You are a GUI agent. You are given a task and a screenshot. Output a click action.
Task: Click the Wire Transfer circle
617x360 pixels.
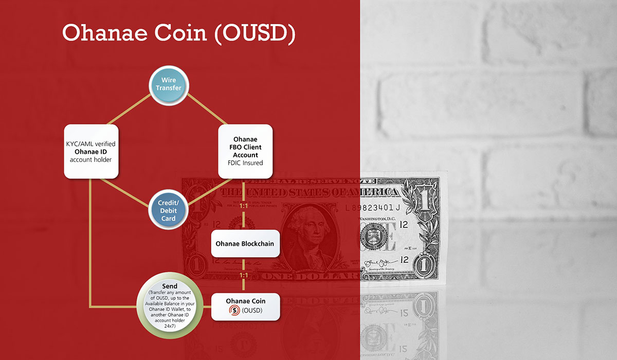169,84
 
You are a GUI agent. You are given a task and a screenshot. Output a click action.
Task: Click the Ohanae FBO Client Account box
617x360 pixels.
245,151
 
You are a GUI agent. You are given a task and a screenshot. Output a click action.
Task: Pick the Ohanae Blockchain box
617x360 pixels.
245,244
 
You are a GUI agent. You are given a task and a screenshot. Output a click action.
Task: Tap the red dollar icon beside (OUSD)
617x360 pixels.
235,311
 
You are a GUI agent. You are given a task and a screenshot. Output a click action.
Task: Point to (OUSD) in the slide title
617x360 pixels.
254,32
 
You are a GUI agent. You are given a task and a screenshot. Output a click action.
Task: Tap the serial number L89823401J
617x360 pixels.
373,208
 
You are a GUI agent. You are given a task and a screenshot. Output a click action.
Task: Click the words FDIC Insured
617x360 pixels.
245,163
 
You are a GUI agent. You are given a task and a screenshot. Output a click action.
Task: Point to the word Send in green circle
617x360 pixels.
169,286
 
